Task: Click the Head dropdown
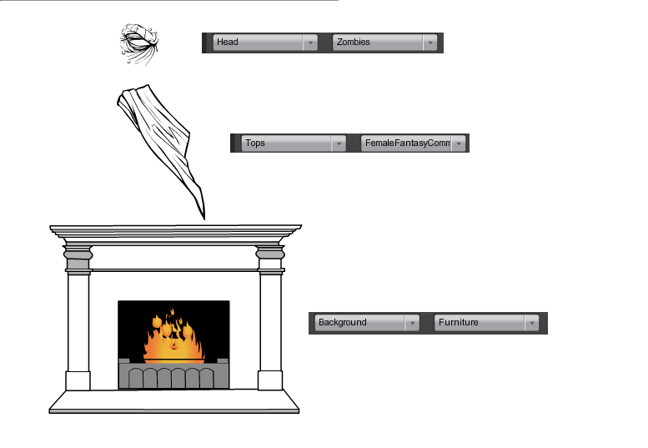tap(265, 43)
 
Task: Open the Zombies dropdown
tap(384, 43)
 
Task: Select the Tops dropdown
tap(294, 143)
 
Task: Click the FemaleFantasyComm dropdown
tap(414, 143)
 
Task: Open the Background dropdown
tap(367, 322)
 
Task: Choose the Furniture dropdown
tap(487, 322)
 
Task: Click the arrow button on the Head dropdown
tap(310, 43)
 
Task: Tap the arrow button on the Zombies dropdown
tap(430, 43)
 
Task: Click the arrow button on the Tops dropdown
tap(339, 143)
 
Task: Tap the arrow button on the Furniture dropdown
tap(532, 322)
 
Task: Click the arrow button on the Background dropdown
tap(412, 322)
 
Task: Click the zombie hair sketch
tap(138, 45)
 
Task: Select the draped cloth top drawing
tap(160, 151)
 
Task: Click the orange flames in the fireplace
tap(174, 336)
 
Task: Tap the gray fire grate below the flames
tap(173, 374)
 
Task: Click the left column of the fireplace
tap(78, 318)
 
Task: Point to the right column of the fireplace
tap(270, 318)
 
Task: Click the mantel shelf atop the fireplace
tap(175, 234)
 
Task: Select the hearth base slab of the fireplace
tap(174, 401)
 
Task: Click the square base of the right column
tap(270, 380)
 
